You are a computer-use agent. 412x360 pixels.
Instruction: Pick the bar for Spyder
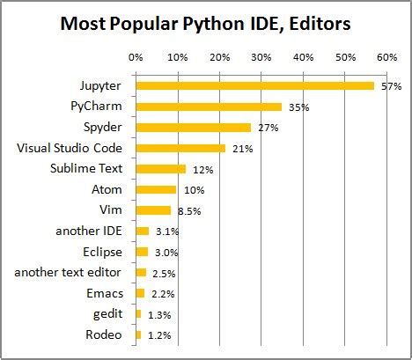193,128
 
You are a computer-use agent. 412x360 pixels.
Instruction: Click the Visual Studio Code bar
180,148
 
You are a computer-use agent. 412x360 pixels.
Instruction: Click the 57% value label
390,87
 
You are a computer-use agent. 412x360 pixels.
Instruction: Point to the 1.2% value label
158,335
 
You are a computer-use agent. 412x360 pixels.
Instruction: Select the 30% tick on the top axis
261,57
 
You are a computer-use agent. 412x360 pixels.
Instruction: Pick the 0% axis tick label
136,57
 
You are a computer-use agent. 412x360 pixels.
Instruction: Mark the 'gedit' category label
107,313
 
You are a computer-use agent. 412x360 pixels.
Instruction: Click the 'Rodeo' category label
105,334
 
